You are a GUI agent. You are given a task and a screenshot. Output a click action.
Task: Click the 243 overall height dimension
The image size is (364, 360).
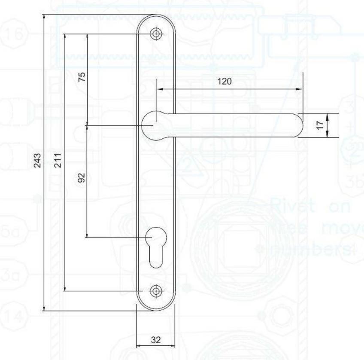[38, 160]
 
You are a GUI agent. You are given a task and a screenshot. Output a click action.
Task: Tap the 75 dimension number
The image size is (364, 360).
[82, 76]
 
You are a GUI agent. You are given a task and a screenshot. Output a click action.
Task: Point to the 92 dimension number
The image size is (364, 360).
[82, 177]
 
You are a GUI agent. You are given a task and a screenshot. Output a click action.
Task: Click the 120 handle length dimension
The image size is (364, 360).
[224, 81]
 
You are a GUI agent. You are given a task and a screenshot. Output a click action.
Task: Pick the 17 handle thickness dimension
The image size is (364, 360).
[319, 125]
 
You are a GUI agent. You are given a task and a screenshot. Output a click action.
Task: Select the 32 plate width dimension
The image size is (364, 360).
[156, 340]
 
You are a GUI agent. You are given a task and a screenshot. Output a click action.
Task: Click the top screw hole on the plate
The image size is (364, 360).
[156, 34]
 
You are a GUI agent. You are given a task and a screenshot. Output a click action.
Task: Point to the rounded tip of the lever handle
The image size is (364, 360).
[298, 125]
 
